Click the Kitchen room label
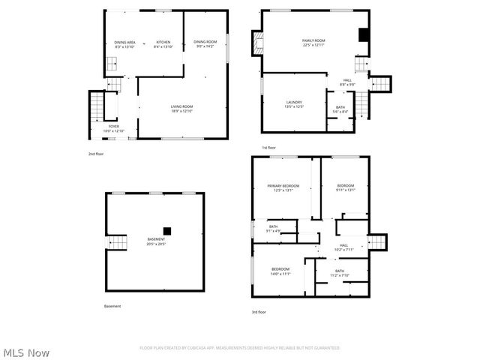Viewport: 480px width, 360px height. pos(163,41)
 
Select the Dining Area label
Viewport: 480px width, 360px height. pos(124,41)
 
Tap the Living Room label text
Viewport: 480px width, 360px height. pos(181,106)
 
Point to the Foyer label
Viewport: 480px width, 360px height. pos(113,127)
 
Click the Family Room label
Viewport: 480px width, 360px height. pos(313,40)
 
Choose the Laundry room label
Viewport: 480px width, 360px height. pos(293,102)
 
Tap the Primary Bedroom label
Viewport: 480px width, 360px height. pos(283,185)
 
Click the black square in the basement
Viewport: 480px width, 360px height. pos(167,231)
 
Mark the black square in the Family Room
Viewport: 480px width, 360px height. pos(363,34)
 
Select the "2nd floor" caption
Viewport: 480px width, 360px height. pos(96,153)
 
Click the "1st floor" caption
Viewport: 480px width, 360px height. pos(269,147)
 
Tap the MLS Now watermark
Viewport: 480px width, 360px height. pos(27,352)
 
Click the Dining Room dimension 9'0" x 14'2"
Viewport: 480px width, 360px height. pos(204,46)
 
